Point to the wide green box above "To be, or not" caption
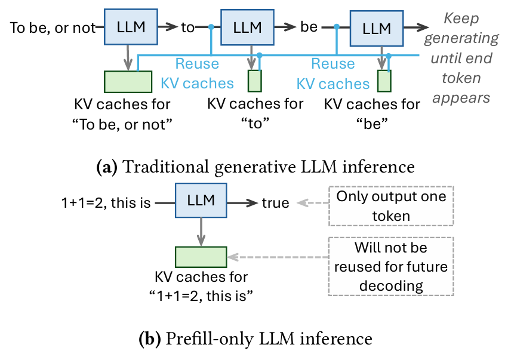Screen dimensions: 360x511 pos(127,81)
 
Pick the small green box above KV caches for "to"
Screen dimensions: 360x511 pos(255,81)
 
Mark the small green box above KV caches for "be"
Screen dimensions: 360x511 pos(384,81)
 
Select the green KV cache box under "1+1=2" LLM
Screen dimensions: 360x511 pos(201,256)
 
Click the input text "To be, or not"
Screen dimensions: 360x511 pos(53,28)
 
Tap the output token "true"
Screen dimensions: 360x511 pos(276,203)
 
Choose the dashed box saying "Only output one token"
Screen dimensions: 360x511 pos(391,206)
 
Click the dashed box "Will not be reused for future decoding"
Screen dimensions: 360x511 pos(391,266)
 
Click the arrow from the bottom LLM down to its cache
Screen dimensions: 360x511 pos(201,232)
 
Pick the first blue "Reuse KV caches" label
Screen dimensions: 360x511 pos(196,73)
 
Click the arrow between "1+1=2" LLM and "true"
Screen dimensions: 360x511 pos(242,203)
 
